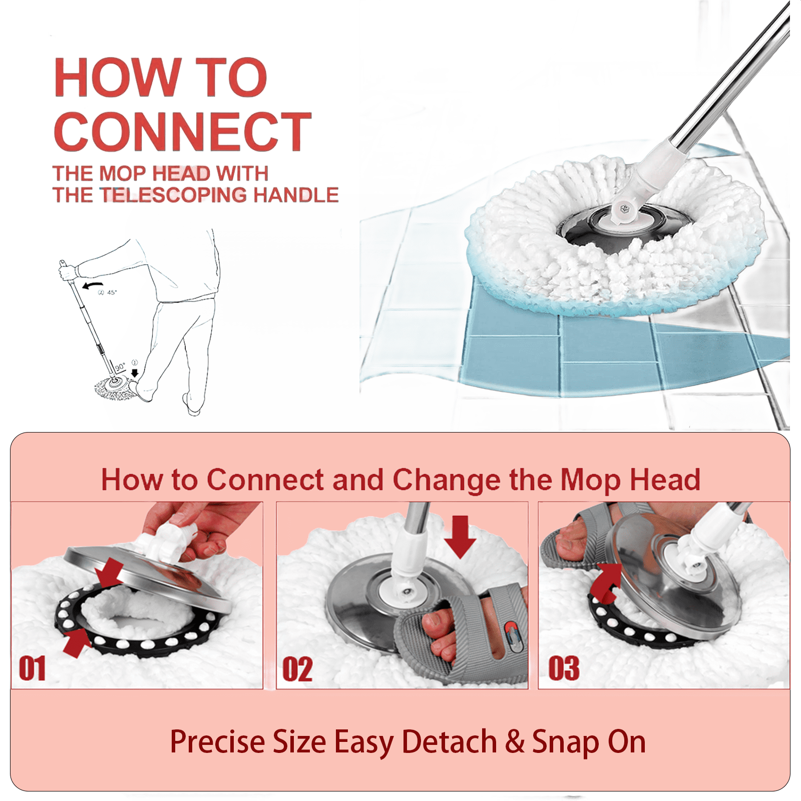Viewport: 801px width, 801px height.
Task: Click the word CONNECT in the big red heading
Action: point(183,131)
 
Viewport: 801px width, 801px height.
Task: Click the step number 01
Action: point(33,668)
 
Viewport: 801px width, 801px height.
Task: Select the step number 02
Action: point(297,669)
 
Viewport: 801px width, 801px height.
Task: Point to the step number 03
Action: point(564,668)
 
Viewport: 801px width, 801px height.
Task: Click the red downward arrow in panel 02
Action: point(460,537)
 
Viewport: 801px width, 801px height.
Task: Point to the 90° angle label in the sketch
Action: point(120,367)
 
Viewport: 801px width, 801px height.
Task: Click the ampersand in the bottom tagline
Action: point(515,741)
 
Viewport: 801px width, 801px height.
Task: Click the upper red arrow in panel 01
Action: point(111,573)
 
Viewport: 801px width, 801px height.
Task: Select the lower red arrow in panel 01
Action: point(76,643)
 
